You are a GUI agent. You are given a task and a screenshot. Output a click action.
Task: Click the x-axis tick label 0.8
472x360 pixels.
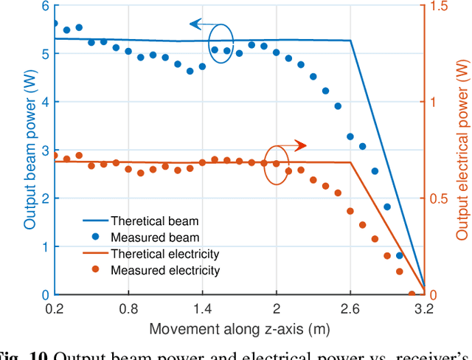[128, 308]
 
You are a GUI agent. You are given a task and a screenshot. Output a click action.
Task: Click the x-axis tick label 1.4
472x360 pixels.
[202, 308]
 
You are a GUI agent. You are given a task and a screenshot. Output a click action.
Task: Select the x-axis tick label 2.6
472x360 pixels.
[350, 308]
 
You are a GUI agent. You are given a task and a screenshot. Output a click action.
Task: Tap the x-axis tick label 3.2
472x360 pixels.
[424, 308]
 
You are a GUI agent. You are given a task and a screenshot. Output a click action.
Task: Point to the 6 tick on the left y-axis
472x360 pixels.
[44, 6]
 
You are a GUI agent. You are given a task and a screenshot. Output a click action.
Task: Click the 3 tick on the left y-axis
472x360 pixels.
[44, 150]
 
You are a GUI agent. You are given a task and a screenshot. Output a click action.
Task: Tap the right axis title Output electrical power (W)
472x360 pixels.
[462, 148]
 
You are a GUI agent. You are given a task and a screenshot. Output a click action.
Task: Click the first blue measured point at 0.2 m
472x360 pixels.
[55, 24]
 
